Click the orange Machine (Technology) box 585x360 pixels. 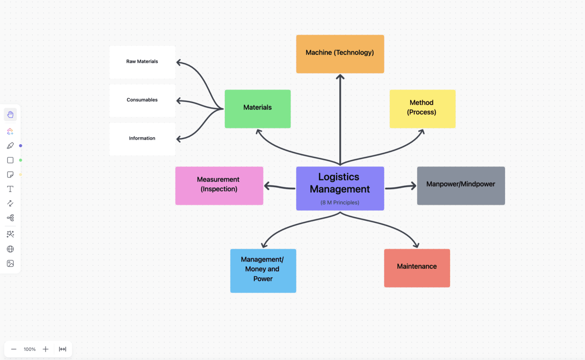[x=340, y=54]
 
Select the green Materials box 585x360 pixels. [x=257, y=109]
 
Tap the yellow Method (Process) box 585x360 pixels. [x=422, y=109]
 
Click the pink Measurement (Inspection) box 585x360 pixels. [x=219, y=186]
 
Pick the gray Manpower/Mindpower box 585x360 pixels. [x=461, y=186]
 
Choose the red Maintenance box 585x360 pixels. [x=417, y=268]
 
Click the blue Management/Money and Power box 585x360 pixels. [x=263, y=271]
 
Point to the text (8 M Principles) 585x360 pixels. [x=340, y=202]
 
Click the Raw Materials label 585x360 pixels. [x=142, y=62]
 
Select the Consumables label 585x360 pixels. [x=142, y=100]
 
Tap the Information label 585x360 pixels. [x=142, y=139]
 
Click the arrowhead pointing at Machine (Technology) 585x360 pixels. [x=340, y=77]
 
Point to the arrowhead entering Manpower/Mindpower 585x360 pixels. [x=413, y=186]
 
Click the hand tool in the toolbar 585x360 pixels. [x=10, y=115]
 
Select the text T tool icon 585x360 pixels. [x=10, y=189]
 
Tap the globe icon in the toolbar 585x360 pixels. [x=10, y=249]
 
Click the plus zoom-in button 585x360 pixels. [x=46, y=349]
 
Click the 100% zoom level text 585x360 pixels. [x=30, y=349]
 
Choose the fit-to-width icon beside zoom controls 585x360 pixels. [x=62, y=349]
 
